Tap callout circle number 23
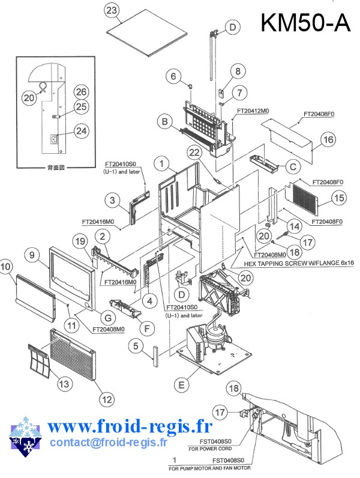112,10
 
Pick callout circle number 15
339,197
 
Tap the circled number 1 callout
161,163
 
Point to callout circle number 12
106,397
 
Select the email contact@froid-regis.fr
108,442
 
